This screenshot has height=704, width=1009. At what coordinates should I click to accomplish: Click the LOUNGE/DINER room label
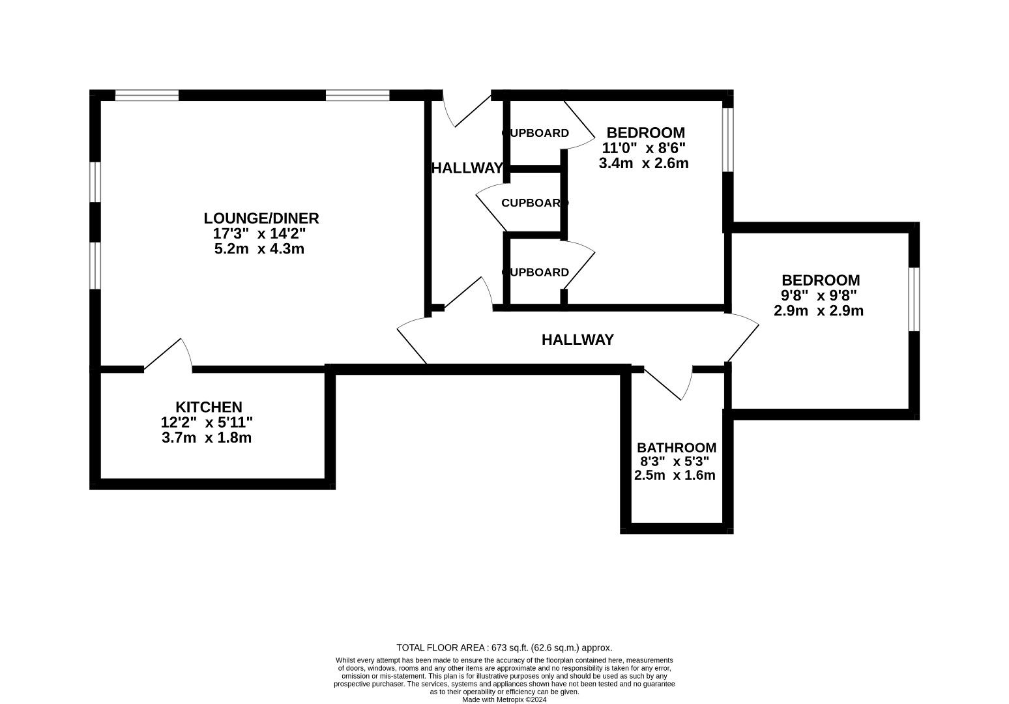[x=261, y=218]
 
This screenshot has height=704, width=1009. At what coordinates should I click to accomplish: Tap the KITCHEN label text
[x=209, y=407]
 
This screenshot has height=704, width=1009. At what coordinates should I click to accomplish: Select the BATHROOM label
[x=677, y=448]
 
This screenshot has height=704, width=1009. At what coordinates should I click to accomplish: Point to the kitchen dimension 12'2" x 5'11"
[x=207, y=422]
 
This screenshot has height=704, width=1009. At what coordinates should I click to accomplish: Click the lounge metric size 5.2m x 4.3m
[x=259, y=248]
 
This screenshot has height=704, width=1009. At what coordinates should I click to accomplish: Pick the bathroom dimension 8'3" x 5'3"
[x=675, y=462]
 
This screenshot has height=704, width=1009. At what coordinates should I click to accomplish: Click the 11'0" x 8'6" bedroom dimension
[x=644, y=148]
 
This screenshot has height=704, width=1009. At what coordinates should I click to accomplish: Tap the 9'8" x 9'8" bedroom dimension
[x=819, y=295]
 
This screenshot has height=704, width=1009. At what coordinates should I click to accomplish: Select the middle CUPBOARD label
[x=534, y=203]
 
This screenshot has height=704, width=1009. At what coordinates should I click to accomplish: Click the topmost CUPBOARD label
[x=536, y=134]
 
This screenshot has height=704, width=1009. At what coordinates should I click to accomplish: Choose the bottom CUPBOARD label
[x=536, y=272]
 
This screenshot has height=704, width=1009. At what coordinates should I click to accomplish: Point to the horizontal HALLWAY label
[x=578, y=340]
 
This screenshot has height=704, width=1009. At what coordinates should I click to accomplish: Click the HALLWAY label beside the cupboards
[x=467, y=168]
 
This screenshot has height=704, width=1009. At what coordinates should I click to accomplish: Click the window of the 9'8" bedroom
[x=914, y=299]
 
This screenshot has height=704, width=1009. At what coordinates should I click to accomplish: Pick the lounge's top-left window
[x=147, y=95]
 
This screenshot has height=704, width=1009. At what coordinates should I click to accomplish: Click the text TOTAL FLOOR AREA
[x=441, y=648]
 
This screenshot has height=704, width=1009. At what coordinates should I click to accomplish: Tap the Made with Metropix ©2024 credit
[x=504, y=699]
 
